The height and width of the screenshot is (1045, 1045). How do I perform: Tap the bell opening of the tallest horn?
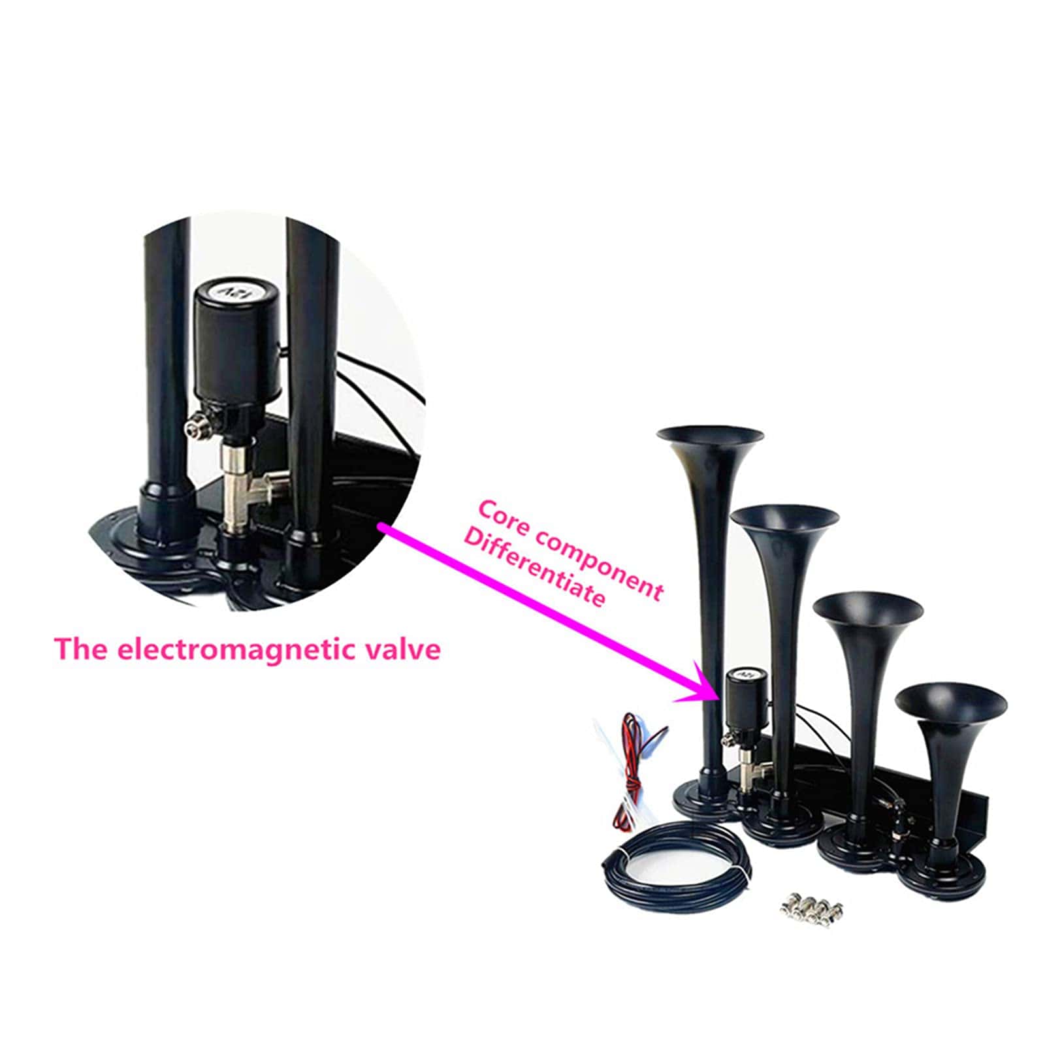pos(709,436)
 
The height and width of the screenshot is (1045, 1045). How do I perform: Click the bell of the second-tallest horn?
pos(784,517)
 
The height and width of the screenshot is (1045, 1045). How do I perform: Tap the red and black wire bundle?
pos(630,771)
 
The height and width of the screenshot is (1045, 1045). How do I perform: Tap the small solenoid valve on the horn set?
pos(742,712)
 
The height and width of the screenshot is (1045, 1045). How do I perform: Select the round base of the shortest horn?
pos(940,869)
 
